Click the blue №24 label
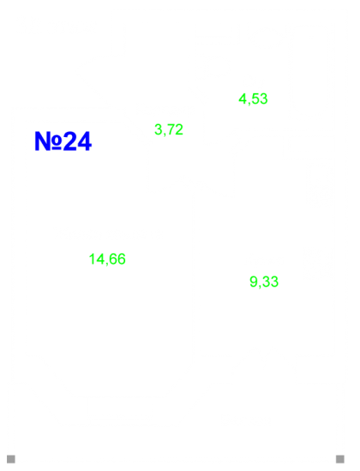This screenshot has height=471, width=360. [x=63, y=141]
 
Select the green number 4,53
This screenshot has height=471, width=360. [x=253, y=98]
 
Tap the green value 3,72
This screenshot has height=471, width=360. [x=169, y=129]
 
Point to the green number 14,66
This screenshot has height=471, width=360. [x=107, y=259]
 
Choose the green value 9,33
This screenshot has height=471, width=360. [x=264, y=282]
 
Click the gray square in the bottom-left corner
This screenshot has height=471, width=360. [x=11, y=459]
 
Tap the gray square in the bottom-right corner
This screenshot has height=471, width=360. [x=340, y=459]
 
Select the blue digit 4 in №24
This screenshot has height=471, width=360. [x=85, y=141]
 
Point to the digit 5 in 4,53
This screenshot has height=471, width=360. [x=255, y=98]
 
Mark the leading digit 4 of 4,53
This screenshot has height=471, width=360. [x=243, y=98]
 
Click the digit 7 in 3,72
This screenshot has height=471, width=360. [x=171, y=129]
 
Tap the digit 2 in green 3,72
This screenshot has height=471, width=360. [x=179, y=129]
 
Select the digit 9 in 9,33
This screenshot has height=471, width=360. [x=254, y=282]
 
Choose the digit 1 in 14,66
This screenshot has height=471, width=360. [x=93, y=259]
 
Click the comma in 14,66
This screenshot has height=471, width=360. [x=107, y=264]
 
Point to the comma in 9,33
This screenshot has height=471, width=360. [x=260, y=287]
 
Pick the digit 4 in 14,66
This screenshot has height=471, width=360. [x=101, y=259]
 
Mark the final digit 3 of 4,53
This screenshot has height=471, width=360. [x=264, y=98]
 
